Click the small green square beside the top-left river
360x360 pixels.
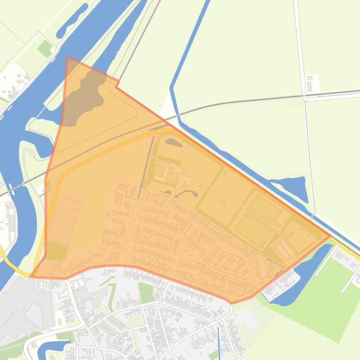click(45, 48)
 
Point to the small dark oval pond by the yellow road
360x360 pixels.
click(173, 142)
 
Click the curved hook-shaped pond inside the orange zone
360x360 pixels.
click(189, 193)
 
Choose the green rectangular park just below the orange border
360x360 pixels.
click(146, 293)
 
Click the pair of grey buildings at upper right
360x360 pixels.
click(309, 84)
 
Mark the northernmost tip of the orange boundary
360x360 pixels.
click(68, 58)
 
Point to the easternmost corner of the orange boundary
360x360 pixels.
click(330, 236)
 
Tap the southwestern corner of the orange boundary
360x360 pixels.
click(31, 276)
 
